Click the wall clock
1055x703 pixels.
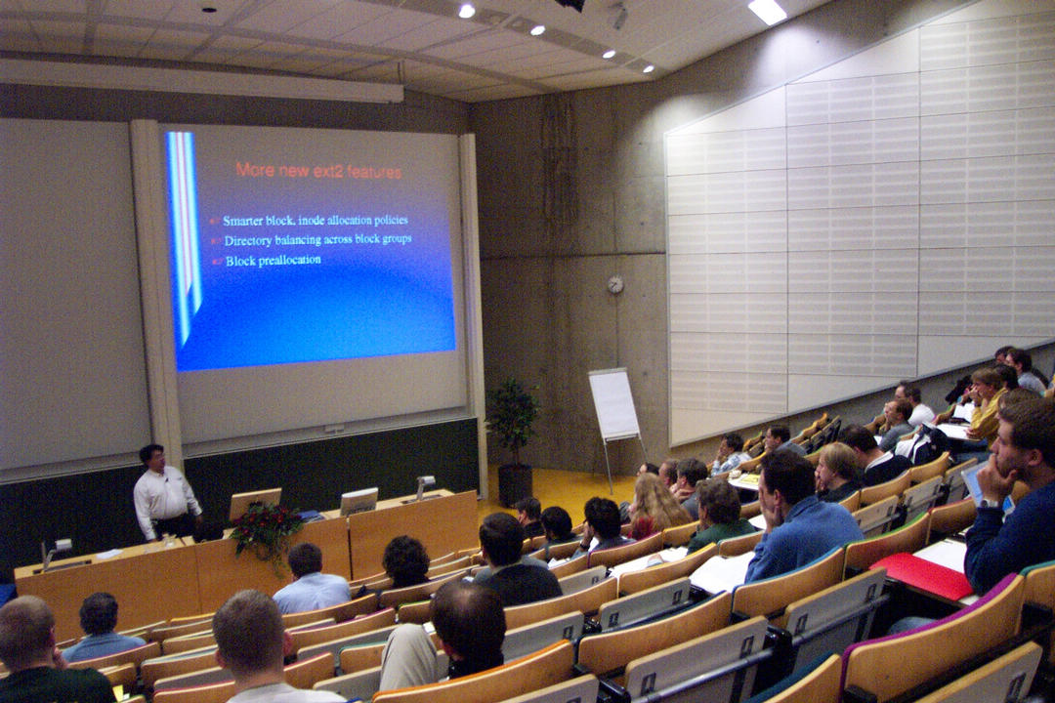click(615, 284)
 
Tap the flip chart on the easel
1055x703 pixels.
click(613, 404)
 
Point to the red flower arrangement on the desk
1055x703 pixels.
click(266, 530)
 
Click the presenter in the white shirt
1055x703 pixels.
click(164, 493)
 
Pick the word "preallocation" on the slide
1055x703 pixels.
click(289, 261)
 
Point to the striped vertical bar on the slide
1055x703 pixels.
click(185, 235)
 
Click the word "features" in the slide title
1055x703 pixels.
click(375, 172)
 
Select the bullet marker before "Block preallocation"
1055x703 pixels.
click(217, 261)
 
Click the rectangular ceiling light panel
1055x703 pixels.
click(767, 12)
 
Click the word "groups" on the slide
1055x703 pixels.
click(395, 239)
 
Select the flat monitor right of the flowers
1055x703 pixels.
click(359, 502)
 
